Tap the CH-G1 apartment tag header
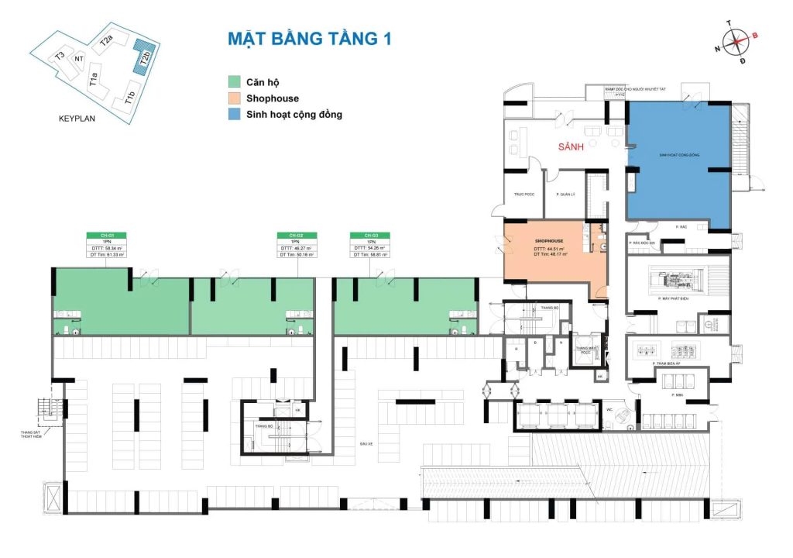pyautogui.click(x=108, y=234)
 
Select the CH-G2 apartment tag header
pyautogui.click(x=295, y=234)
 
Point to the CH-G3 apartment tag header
pyautogui.click(x=369, y=234)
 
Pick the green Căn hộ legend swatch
pyautogui.click(x=235, y=82)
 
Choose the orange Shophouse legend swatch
pyautogui.click(x=235, y=98)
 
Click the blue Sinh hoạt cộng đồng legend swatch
pyautogui.click(x=235, y=115)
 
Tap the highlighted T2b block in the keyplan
pyautogui.click(x=142, y=56)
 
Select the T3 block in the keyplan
pyautogui.click(x=60, y=57)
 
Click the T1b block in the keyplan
pyautogui.click(x=129, y=98)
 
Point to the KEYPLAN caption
pyautogui.click(x=81, y=120)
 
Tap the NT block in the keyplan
pyautogui.click(x=78, y=59)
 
